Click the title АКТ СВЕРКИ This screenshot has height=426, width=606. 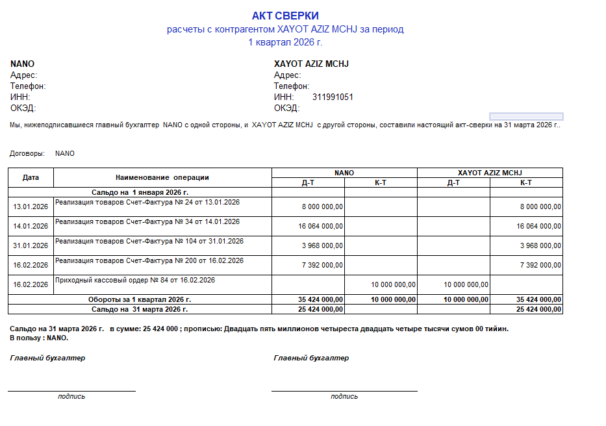click(x=285, y=16)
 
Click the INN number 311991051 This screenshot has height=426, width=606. click(x=333, y=97)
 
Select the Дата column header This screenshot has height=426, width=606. click(x=31, y=177)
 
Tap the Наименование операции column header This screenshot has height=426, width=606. click(x=162, y=177)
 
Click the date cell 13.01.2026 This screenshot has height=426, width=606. click(x=31, y=207)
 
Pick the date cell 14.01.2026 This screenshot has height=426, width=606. click(x=31, y=226)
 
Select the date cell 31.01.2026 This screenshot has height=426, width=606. click(x=31, y=245)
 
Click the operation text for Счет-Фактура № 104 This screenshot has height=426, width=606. click(x=149, y=241)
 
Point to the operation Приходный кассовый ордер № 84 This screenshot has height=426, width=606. click(x=135, y=280)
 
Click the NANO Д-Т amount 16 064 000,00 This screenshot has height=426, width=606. click(x=320, y=226)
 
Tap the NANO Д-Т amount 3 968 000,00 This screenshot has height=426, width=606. click(x=323, y=245)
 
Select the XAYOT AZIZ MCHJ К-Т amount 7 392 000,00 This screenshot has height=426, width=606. click(x=541, y=265)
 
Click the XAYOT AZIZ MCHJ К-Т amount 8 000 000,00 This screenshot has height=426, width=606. click(x=541, y=207)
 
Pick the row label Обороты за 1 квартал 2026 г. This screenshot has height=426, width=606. click(x=140, y=299)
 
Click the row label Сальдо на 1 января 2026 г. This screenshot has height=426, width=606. click(x=140, y=192)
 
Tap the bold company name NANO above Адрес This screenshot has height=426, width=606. click(x=22, y=64)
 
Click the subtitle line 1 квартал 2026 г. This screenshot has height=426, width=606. click(x=285, y=42)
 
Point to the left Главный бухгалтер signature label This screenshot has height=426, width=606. click(x=47, y=358)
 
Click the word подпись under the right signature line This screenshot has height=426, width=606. click(x=344, y=396)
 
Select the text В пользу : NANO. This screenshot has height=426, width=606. click(x=39, y=338)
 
